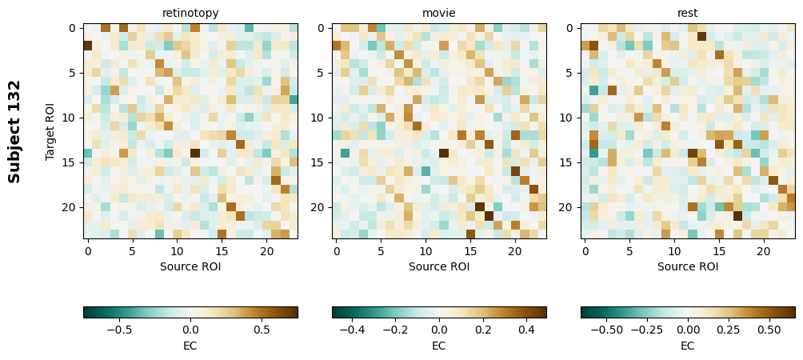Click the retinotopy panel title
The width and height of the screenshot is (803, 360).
(x=190, y=13)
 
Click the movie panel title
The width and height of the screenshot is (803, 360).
(x=439, y=13)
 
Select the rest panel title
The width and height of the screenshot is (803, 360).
(x=688, y=13)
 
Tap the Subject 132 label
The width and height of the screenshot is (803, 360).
(x=14, y=131)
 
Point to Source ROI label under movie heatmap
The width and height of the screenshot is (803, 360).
(x=439, y=266)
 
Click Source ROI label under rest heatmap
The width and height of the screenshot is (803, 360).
(x=688, y=266)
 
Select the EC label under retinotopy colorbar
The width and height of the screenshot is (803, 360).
(x=190, y=346)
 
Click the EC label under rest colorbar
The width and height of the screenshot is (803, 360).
(x=688, y=346)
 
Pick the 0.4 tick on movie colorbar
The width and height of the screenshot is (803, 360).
(x=526, y=329)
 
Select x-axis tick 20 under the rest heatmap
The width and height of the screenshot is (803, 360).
(x=764, y=251)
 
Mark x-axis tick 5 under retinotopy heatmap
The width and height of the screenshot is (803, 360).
(x=133, y=251)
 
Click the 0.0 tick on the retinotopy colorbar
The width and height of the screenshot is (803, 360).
(x=190, y=329)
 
